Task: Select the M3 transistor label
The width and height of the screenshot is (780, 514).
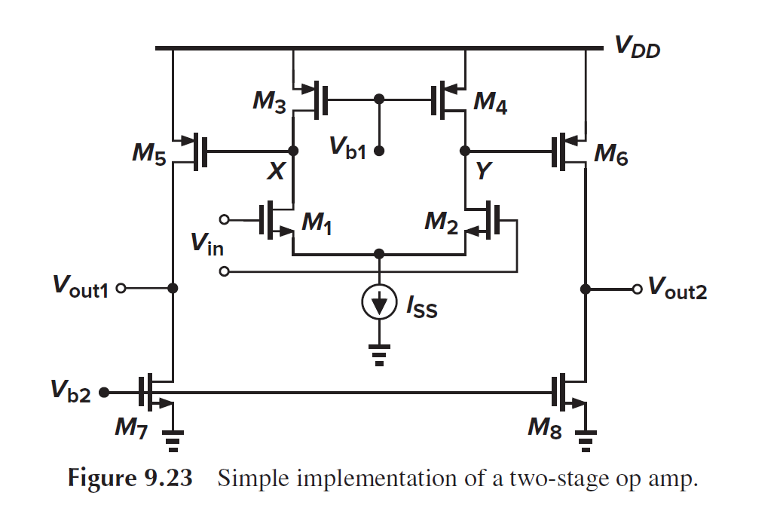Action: coord(269,102)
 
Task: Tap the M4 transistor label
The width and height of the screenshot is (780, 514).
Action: coord(490,102)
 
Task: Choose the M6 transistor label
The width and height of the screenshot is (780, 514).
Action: coord(611,155)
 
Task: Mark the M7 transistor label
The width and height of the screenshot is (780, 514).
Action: coord(131,428)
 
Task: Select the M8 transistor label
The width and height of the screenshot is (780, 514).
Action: coord(545,428)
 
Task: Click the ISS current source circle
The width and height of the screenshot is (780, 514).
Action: coord(380,303)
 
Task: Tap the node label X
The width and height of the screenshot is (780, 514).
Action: coord(276,173)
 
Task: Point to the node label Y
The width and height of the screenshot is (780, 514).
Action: coord(483,173)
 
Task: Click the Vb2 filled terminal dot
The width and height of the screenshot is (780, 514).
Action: coord(104,392)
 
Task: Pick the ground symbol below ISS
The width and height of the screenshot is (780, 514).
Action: coord(380,354)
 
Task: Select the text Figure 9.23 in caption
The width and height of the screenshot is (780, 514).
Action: coord(130,480)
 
